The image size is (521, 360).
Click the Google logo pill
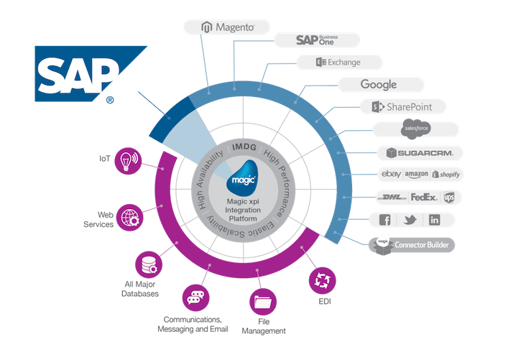click(379, 85)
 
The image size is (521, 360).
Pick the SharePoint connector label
click(402, 107)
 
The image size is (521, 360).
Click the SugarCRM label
click(420, 152)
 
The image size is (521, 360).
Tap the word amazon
click(416, 175)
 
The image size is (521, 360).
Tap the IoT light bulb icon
click(128, 159)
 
